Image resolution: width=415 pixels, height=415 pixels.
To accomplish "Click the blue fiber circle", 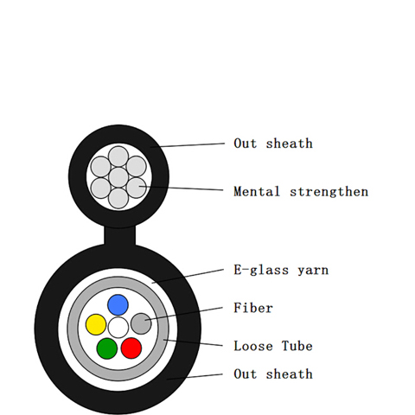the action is pyautogui.click(x=118, y=305).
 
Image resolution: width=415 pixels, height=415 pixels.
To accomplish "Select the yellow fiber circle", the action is pyautogui.click(x=96, y=324).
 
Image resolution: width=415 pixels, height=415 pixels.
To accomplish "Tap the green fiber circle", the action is pyautogui.click(x=107, y=348).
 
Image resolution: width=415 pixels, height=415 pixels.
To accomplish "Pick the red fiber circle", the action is pyautogui.click(x=131, y=348).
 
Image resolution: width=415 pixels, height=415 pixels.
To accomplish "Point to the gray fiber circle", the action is pyautogui.click(x=141, y=323).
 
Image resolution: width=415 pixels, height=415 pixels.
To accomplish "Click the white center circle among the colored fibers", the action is pyautogui.click(x=118, y=328).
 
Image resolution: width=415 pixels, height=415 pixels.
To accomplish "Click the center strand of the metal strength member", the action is pyautogui.click(x=118, y=177).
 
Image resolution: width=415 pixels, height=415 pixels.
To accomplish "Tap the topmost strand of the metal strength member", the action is pyautogui.click(x=118, y=156).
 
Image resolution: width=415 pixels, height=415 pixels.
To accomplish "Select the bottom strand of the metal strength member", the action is pyautogui.click(x=118, y=198).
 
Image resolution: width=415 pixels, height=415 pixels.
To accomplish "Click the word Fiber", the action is pyautogui.click(x=253, y=308).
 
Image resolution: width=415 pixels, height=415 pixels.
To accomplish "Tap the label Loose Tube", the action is pyautogui.click(x=273, y=346).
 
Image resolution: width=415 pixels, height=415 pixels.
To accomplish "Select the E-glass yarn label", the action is pyautogui.click(x=281, y=271).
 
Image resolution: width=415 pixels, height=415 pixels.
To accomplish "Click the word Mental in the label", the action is pyautogui.click(x=257, y=192).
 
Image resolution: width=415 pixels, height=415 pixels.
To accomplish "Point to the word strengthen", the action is pyautogui.click(x=329, y=192).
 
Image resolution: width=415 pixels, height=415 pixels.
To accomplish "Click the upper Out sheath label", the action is pyautogui.click(x=273, y=144).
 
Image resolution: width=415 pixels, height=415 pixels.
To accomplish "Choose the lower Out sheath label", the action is pyautogui.click(x=273, y=373).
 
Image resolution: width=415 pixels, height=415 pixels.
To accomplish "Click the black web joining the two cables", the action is pyautogui.click(x=119, y=236).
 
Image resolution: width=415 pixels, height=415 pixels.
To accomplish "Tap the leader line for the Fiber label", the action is pyautogui.click(x=184, y=314).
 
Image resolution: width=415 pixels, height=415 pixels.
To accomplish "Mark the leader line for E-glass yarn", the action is pyautogui.click(x=188, y=276).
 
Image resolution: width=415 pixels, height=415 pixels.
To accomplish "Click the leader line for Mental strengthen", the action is pyautogui.click(x=182, y=188).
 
